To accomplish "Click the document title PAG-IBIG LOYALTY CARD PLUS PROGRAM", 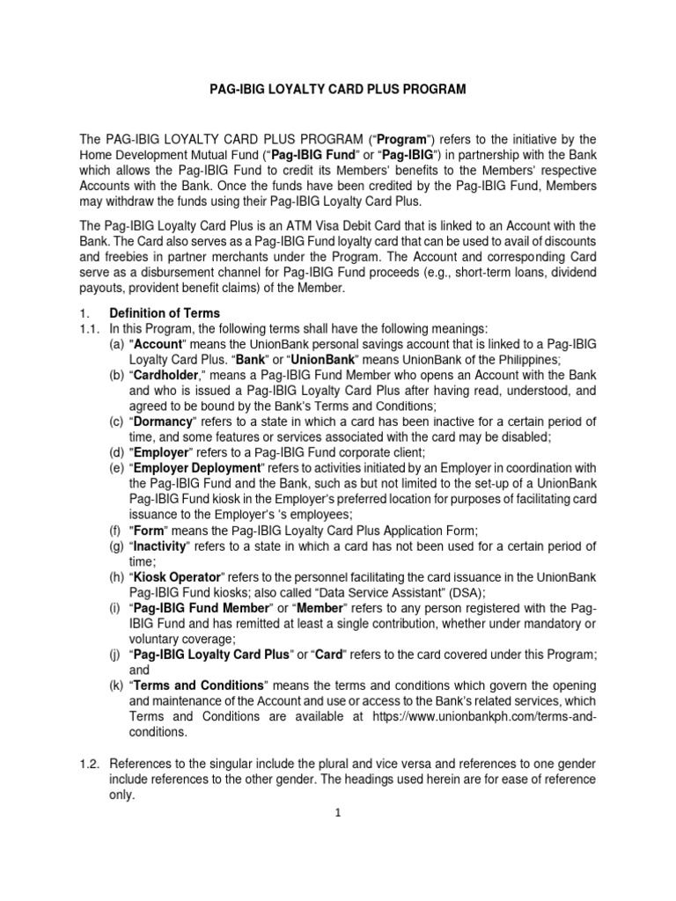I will point(337,90).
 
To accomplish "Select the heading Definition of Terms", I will point(164,313).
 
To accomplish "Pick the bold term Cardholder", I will point(169,377).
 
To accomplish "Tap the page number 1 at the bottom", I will point(336,813).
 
